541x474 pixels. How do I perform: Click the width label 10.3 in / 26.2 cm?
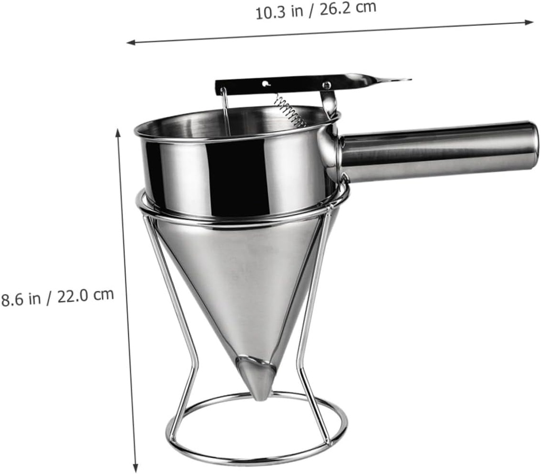(x=316, y=10)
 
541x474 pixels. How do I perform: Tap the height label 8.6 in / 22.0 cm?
(x=57, y=297)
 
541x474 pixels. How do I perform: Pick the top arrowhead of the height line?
(x=118, y=132)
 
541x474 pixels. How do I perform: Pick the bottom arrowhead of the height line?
(x=136, y=468)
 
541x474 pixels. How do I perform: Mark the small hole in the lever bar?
(x=265, y=83)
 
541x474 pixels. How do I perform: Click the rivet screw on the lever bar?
(x=327, y=85)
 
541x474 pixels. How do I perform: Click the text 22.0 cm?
(x=86, y=295)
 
